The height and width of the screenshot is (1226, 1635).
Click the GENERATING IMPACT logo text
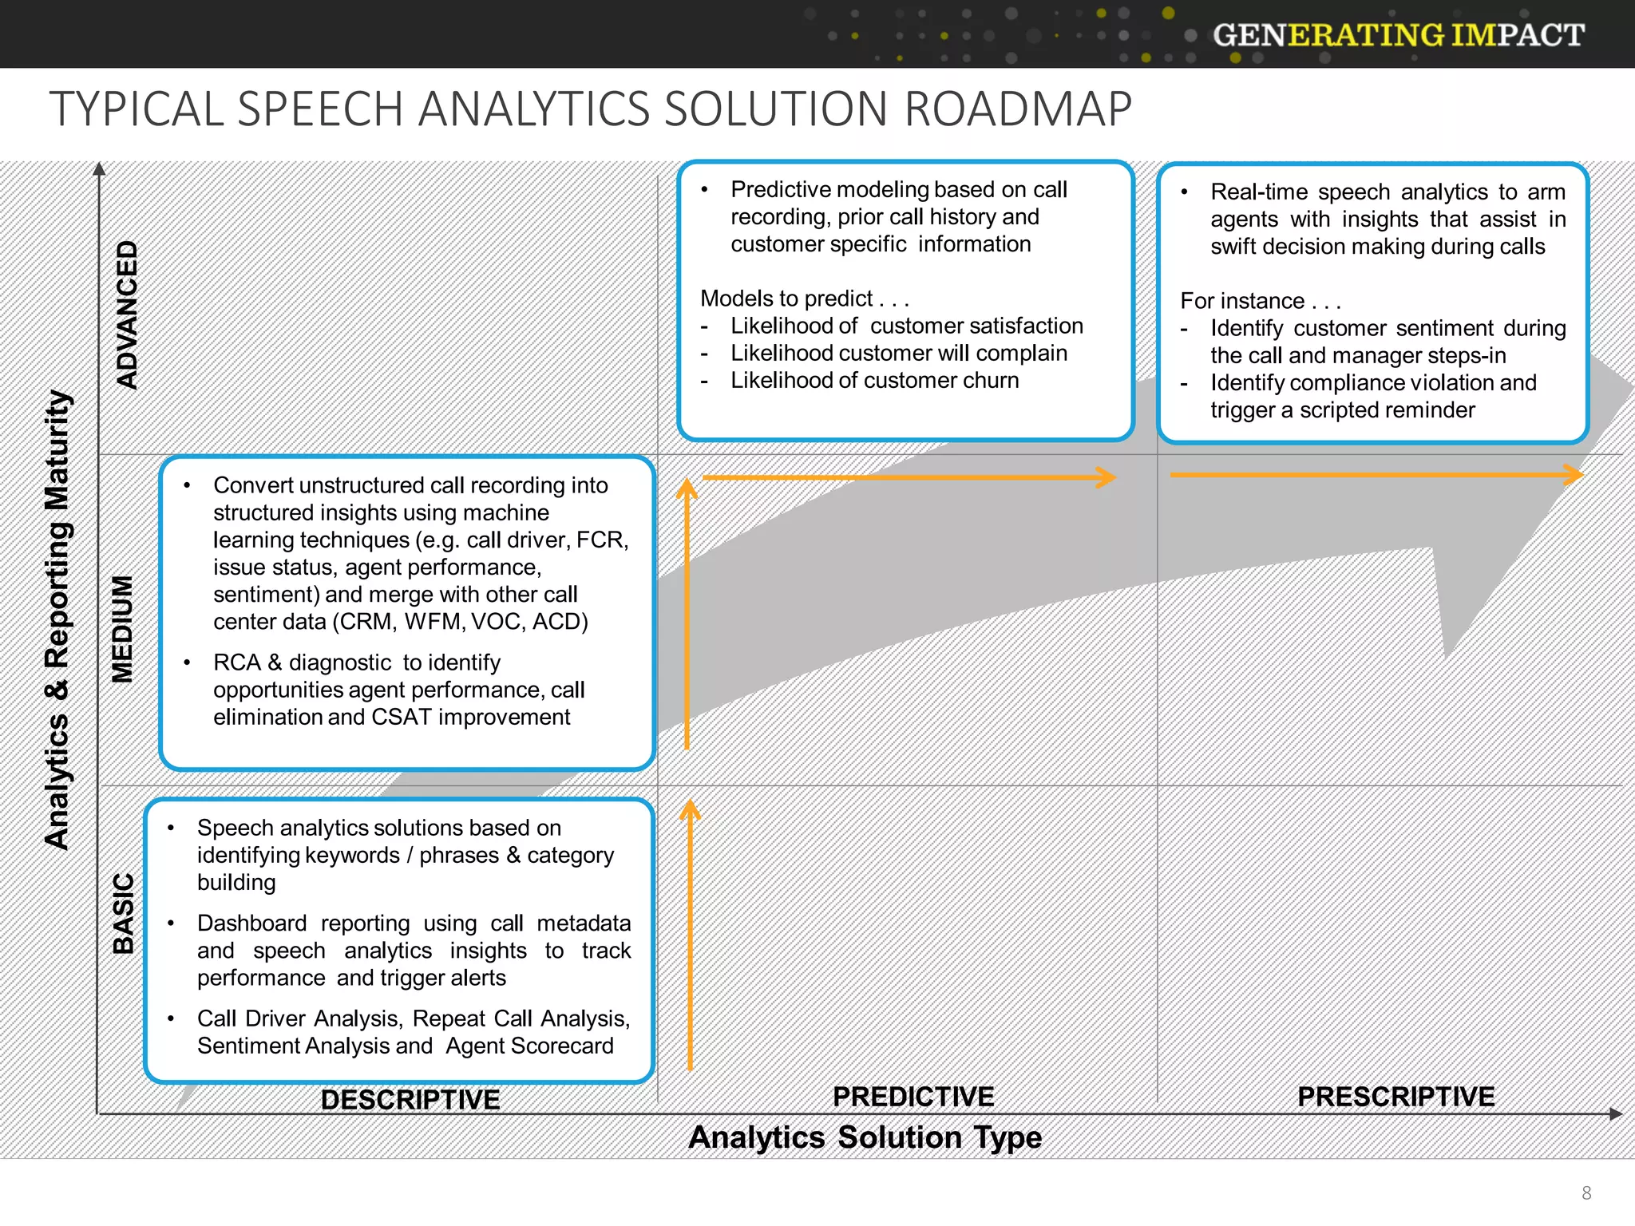[1398, 35]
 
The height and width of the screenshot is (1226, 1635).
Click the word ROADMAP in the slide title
[1018, 109]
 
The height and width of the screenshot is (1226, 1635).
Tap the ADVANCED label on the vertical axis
[127, 314]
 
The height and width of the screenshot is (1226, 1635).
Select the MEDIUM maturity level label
[122, 629]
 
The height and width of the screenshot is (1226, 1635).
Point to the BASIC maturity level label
[123, 913]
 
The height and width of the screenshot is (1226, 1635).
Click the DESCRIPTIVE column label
[410, 1100]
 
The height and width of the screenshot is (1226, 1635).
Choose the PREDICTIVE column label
[913, 1097]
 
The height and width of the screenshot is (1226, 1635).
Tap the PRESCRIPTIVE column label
[1395, 1097]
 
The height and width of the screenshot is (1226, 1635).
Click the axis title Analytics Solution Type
[865, 1137]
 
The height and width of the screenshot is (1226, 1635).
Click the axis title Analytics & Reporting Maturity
[57, 619]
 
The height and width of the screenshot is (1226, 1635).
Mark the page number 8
[1586, 1192]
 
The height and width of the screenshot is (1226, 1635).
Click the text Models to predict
[786, 299]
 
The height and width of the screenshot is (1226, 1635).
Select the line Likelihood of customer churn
[874, 381]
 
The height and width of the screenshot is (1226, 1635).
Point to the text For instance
[1242, 301]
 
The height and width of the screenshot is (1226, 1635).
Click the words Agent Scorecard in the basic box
[529, 1046]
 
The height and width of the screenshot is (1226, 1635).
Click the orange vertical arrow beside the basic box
[690, 934]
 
